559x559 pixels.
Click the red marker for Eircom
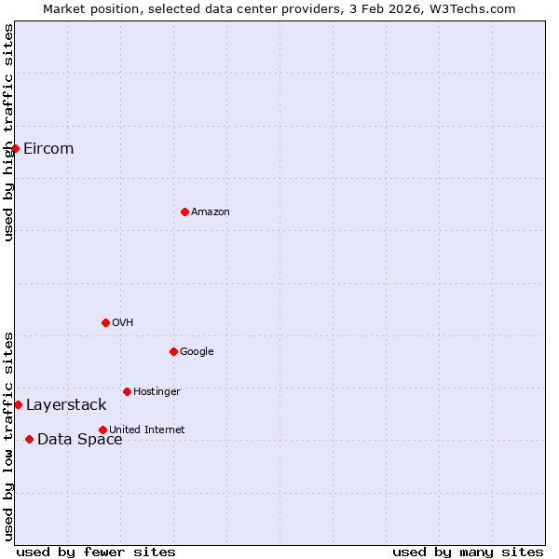pyautogui.click(x=15, y=148)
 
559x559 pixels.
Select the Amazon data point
pyautogui.click(x=184, y=211)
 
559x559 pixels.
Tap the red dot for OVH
pyautogui.click(x=105, y=322)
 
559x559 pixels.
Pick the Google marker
pyautogui.click(x=173, y=351)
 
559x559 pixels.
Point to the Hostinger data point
pyautogui.click(x=127, y=391)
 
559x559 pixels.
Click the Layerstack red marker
pyautogui.click(x=18, y=404)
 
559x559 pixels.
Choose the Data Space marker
pyautogui.click(x=29, y=439)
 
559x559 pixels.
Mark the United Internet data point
pyautogui.click(x=102, y=429)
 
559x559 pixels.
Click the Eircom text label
pyautogui.click(x=48, y=149)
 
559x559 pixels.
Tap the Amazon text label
pyautogui.click(x=211, y=212)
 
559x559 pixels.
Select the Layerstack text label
pyautogui.click(x=66, y=405)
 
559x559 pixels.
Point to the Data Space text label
pyautogui.click(x=79, y=440)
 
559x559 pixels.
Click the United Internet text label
pyautogui.click(x=147, y=429)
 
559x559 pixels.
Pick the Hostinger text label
pyautogui.click(x=157, y=392)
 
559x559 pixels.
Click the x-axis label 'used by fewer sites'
pyautogui.click(x=96, y=552)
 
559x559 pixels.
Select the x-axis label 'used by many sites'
pyautogui.click(x=468, y=552)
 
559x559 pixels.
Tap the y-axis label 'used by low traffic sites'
pyautogui.click(x=8, y=436)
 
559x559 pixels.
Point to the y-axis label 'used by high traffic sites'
pyautogui.click(x=8, y=132)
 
